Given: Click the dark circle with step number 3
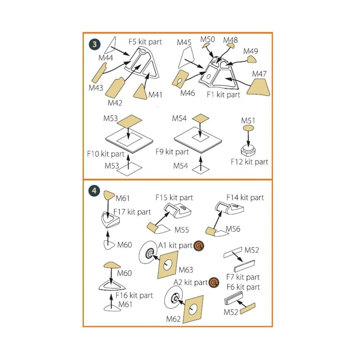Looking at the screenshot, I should click(94, 44).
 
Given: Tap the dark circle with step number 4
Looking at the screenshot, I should click(94, 190).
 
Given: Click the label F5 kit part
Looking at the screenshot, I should click(145, 42).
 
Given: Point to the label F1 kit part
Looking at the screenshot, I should click(223, 95).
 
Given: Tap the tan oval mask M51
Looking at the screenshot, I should click(248, 128).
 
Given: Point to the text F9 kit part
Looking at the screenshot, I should click(172, 152).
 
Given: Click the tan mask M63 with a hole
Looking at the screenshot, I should click(167, 265).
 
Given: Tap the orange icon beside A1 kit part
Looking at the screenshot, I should click(199, 246).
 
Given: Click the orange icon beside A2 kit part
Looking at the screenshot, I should click(214, 283).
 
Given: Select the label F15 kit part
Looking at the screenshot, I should click(174, 198).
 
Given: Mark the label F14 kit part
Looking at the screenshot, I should click(245, 198).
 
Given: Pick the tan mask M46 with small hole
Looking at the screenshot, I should click(179, 79).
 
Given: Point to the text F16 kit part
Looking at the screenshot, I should click(134, 295).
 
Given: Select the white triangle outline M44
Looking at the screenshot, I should click(112, 45).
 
